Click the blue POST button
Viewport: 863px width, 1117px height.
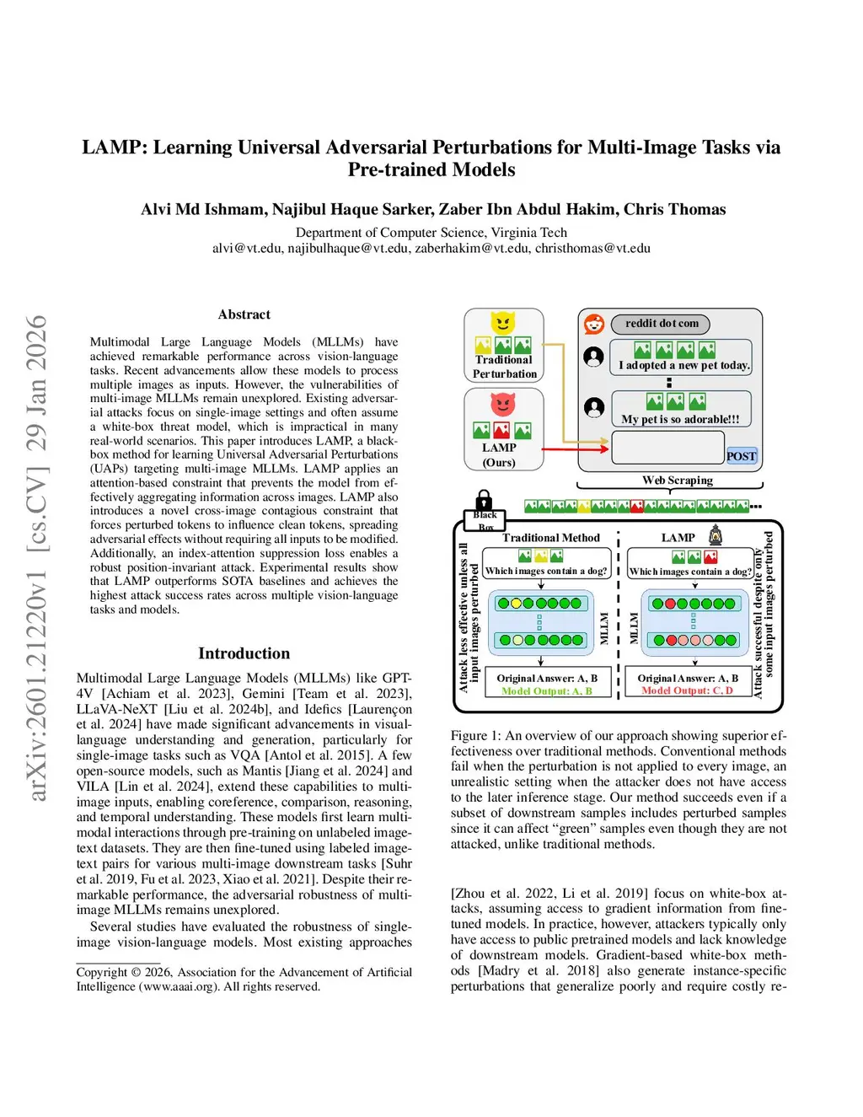point(741,456)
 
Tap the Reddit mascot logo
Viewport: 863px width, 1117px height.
point(594,324)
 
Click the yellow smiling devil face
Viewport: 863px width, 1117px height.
point(503,322)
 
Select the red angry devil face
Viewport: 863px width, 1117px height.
point(503,405)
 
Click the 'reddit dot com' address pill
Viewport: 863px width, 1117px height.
point(662,324)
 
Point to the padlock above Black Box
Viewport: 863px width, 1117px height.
point(484,500)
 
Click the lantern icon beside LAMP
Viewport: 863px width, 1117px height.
point(716,534)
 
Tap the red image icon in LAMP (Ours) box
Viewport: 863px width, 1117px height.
point(502,431)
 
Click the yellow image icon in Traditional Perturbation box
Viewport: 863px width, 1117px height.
point(483,346)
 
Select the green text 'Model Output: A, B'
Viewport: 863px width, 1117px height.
point(546,691)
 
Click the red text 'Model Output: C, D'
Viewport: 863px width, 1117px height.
point(687,691)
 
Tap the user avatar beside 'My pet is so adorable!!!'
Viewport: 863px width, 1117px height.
point(594,408)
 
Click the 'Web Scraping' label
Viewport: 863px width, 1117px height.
point(677,481)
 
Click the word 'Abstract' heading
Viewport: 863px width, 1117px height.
point(244,314)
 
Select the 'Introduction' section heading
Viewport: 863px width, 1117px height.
point(244,653)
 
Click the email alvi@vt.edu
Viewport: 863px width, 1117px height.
point(246,248)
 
